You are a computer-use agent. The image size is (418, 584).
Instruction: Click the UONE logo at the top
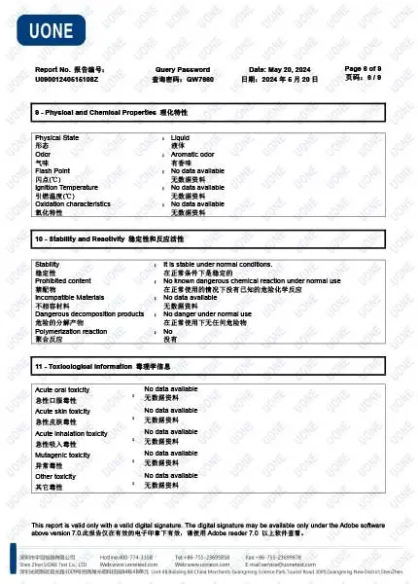point(55,32)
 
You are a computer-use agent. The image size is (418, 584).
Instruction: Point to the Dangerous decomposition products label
point(88,313)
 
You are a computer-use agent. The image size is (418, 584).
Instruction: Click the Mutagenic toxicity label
point(64,455)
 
